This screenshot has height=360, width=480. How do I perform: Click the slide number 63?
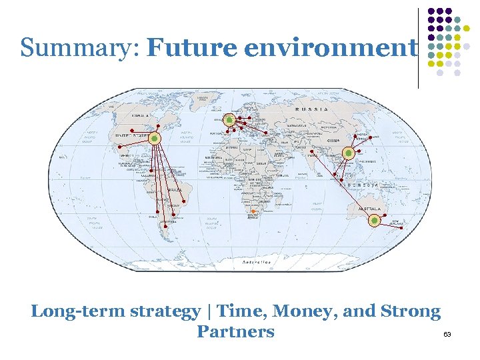[447, 333]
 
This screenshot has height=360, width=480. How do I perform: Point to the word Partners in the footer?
[235, 331]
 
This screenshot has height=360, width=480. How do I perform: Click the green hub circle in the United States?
[155, 138]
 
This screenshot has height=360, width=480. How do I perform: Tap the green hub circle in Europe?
[229, 120]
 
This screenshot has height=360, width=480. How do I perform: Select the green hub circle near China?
[347, 153]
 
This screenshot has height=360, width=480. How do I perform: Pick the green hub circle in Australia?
[375, 220]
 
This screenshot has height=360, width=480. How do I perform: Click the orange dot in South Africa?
[253, 212]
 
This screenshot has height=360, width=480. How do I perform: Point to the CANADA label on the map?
[141, 115]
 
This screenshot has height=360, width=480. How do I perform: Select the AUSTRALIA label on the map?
[370, 209]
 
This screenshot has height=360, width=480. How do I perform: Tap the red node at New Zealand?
[403, 228]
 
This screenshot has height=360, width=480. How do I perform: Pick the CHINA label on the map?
[333, 141]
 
